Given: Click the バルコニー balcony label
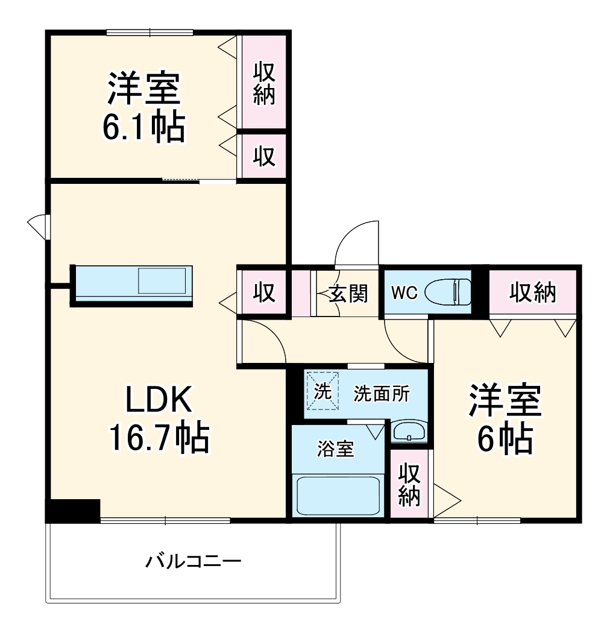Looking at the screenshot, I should (x=193, y=562).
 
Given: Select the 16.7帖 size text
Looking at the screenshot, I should (x=159, y=438).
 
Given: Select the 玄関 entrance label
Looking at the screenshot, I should (x=348, y=294).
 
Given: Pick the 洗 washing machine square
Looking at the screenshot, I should (x=322, y=391).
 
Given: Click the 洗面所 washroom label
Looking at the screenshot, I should (x=381, y=394).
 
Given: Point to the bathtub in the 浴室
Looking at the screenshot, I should (x=337, y=494).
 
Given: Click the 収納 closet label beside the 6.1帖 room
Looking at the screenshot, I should (x=263, y=84).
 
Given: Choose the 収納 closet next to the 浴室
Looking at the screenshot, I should (x=409, y=485).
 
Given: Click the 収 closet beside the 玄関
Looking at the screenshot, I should (x=263, y=293).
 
